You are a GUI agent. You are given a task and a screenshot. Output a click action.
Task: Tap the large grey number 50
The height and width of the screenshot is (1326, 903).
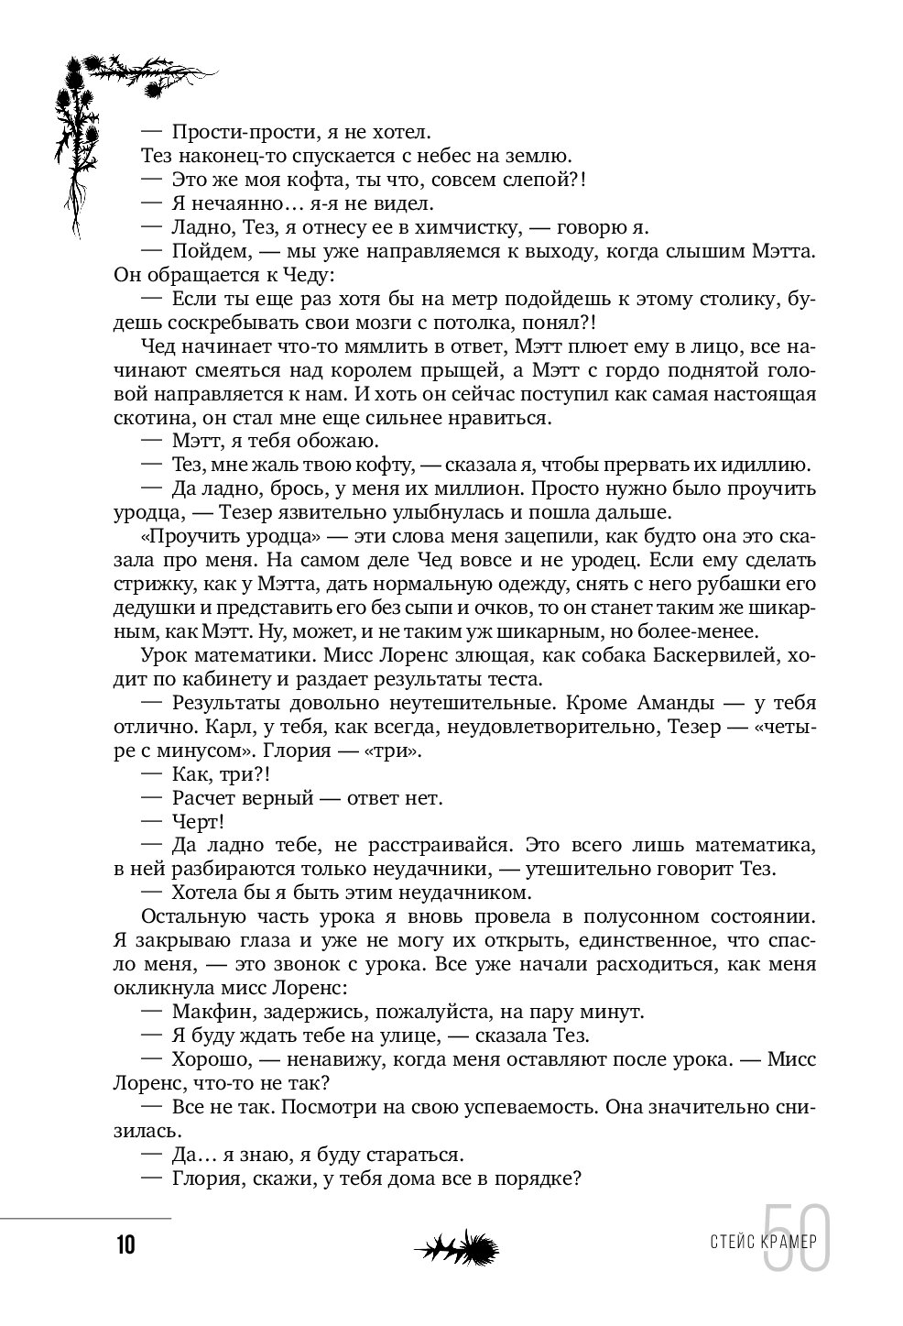[x=796, y=1238]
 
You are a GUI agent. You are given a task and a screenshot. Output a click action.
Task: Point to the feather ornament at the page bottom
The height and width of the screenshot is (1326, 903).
[x=456, y=1246]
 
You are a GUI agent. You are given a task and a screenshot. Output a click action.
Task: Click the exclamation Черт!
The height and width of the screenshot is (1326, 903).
[x=198, y=822]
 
